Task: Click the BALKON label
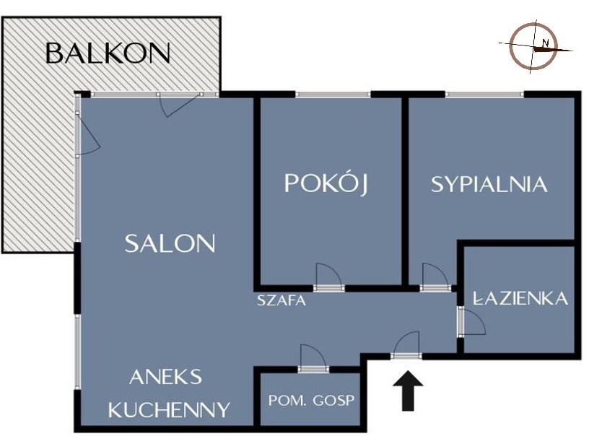coord(108,53)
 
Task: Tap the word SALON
coord(170,244)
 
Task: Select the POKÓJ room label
coord(326,183)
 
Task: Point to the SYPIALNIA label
coord(489,184)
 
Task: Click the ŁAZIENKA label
coord(520,298)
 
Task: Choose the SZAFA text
coord(282,300)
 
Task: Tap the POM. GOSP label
coord(311,401)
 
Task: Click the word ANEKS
coord(166,377)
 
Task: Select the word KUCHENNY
coord(169,409)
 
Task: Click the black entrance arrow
coord(408,391)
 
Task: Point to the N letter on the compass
coord(546,43)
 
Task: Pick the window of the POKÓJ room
coord(333,95)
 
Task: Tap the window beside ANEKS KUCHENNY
coord(78,352)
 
